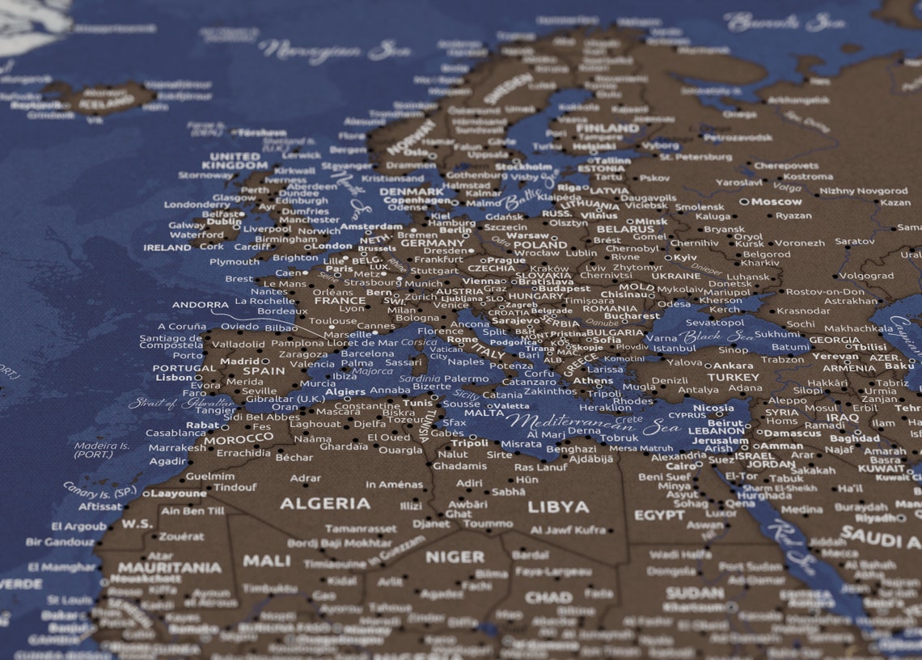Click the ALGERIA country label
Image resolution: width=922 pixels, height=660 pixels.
[325, 503]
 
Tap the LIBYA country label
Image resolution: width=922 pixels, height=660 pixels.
[558, 507]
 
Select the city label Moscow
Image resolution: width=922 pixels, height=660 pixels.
[776, 201]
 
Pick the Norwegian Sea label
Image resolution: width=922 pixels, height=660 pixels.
[334, 51]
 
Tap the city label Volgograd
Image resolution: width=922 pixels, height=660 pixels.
[865, 276]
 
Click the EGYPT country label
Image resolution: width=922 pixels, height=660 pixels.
[659, 515]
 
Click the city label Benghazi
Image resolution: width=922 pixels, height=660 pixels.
[571, 449]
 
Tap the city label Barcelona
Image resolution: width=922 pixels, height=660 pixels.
[367, 353]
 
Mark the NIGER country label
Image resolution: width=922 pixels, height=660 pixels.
[455, 556]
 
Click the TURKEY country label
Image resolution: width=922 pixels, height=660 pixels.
[733, 377]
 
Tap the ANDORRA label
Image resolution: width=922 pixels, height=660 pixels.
[200, 305]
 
